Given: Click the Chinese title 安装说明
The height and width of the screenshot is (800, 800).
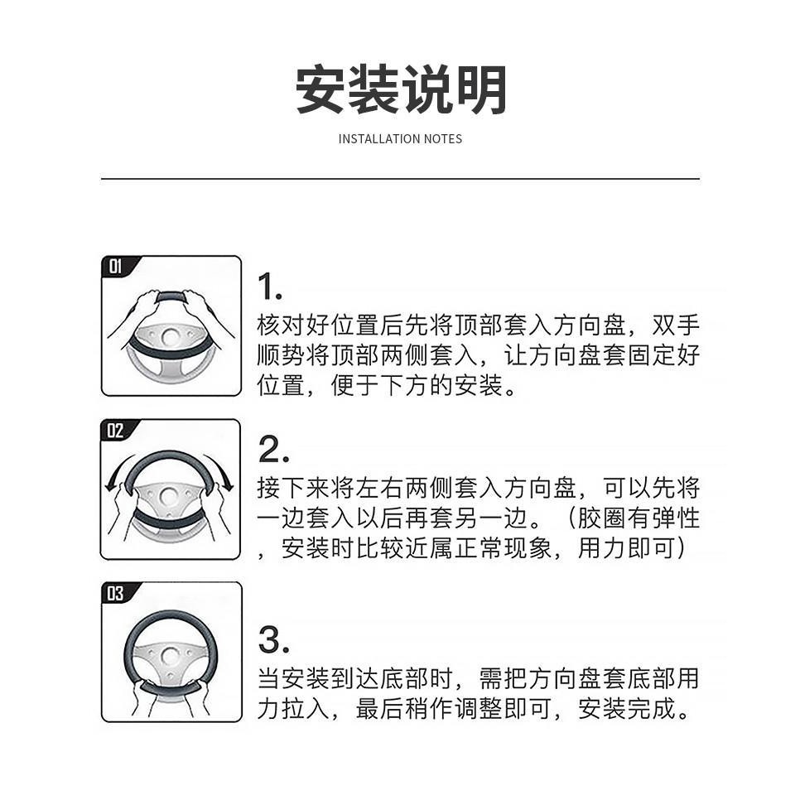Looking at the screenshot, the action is (x=401, y=89).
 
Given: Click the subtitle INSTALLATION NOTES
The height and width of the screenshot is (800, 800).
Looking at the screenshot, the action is (x=401, y=139).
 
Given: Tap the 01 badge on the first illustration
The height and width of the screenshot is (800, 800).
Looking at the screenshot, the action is (x=115, y=266).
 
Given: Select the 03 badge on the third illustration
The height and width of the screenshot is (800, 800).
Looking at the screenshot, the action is (x=115, y=593).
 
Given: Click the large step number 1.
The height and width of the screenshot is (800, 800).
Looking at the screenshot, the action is (x=269, y=287).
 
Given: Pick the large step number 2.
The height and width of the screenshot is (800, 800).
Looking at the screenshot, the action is (x=273, y=450).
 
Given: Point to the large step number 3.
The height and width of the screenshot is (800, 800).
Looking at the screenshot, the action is (x=273, y=640).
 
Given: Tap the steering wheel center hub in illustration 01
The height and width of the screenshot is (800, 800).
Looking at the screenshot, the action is (x=171, y=337).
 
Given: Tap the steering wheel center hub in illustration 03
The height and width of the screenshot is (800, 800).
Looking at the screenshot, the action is (x=170, y=656).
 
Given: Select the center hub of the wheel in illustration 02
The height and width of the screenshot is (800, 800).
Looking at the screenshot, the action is (x=168, y=496).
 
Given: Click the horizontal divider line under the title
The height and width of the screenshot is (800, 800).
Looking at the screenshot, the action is (x=400, y=179).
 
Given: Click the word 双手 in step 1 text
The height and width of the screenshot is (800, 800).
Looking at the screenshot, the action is (x=675, y=325).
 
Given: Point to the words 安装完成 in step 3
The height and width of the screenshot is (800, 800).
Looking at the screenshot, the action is (x=627, y=709).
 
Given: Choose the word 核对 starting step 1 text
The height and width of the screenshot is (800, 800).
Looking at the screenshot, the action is (x=281, y=325).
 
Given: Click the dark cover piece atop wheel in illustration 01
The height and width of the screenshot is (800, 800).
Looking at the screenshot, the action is (x=171, y=296).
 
